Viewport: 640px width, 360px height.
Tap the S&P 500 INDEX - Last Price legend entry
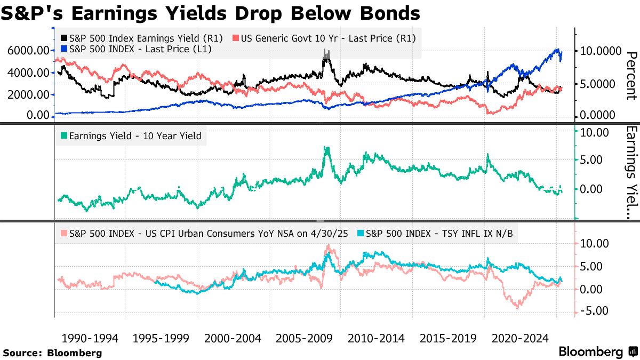click(137, 49)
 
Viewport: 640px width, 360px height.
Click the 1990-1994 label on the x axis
click(90, 338)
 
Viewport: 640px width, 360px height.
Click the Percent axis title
click(631, 76)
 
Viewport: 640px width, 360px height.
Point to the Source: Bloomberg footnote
click(52, 353)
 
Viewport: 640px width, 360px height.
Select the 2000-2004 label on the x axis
click(233, 338)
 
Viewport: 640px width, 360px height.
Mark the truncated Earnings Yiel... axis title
click(631, 172)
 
